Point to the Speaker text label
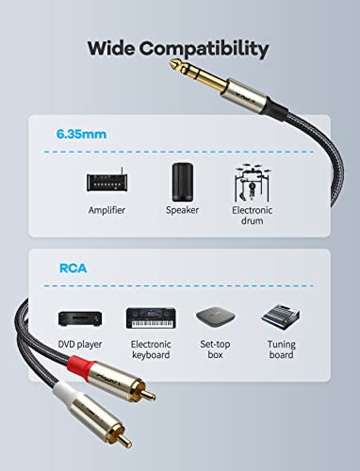click(x=182, y=210)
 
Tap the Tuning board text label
click(x=281, y=349)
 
